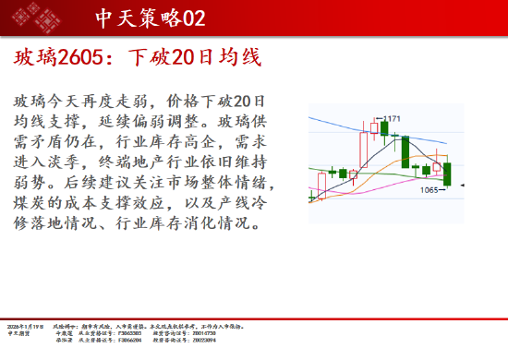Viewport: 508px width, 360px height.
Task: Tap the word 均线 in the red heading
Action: tap(240, 58)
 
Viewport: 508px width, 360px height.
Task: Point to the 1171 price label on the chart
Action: tap(392, 118)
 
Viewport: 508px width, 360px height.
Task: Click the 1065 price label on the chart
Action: tap(429, 191)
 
